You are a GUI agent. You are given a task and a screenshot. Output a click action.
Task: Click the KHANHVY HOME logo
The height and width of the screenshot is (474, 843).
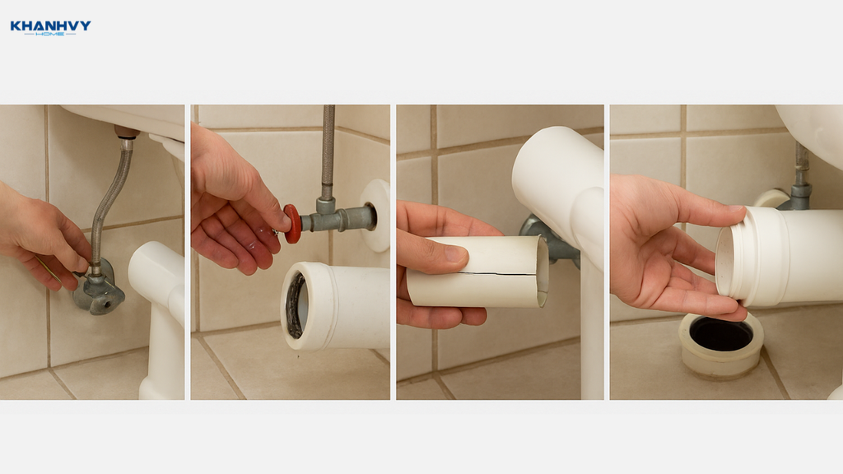(x=50, y=27)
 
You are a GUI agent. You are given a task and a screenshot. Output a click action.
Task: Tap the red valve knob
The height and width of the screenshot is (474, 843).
(x=292, y=224)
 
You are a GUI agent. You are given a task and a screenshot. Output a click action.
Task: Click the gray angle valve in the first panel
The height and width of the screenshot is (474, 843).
(x=99, y=289)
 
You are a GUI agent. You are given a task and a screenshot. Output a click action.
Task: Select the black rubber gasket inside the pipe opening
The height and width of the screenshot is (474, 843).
(x=293, y=304)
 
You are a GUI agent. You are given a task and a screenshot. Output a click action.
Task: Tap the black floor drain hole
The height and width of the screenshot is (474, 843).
(x=720, y=334)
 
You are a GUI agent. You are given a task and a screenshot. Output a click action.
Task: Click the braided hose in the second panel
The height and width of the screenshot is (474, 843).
(x=328, y=151)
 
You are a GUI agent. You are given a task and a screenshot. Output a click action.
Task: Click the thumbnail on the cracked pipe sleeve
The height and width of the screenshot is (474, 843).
(x=455, y=253)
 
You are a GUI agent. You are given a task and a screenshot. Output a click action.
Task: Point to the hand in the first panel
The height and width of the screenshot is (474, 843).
(x=40, y=236)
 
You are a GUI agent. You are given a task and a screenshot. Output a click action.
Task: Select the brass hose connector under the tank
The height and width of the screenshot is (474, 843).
(x=126, y=133)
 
